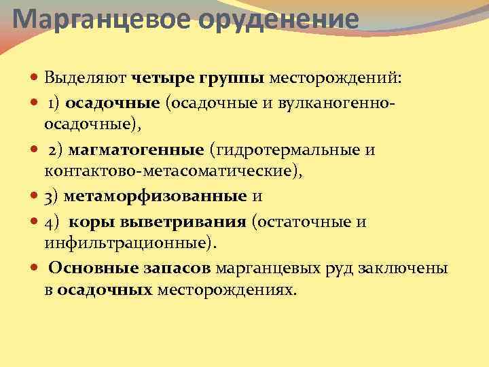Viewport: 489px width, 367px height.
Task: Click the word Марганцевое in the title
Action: [x=102, y=18]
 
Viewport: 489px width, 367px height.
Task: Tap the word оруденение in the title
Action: [x=278, y=18]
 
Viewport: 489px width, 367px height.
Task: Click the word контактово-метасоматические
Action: [x=173, y=172]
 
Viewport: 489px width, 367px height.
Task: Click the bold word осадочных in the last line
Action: [x=104, y=290]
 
